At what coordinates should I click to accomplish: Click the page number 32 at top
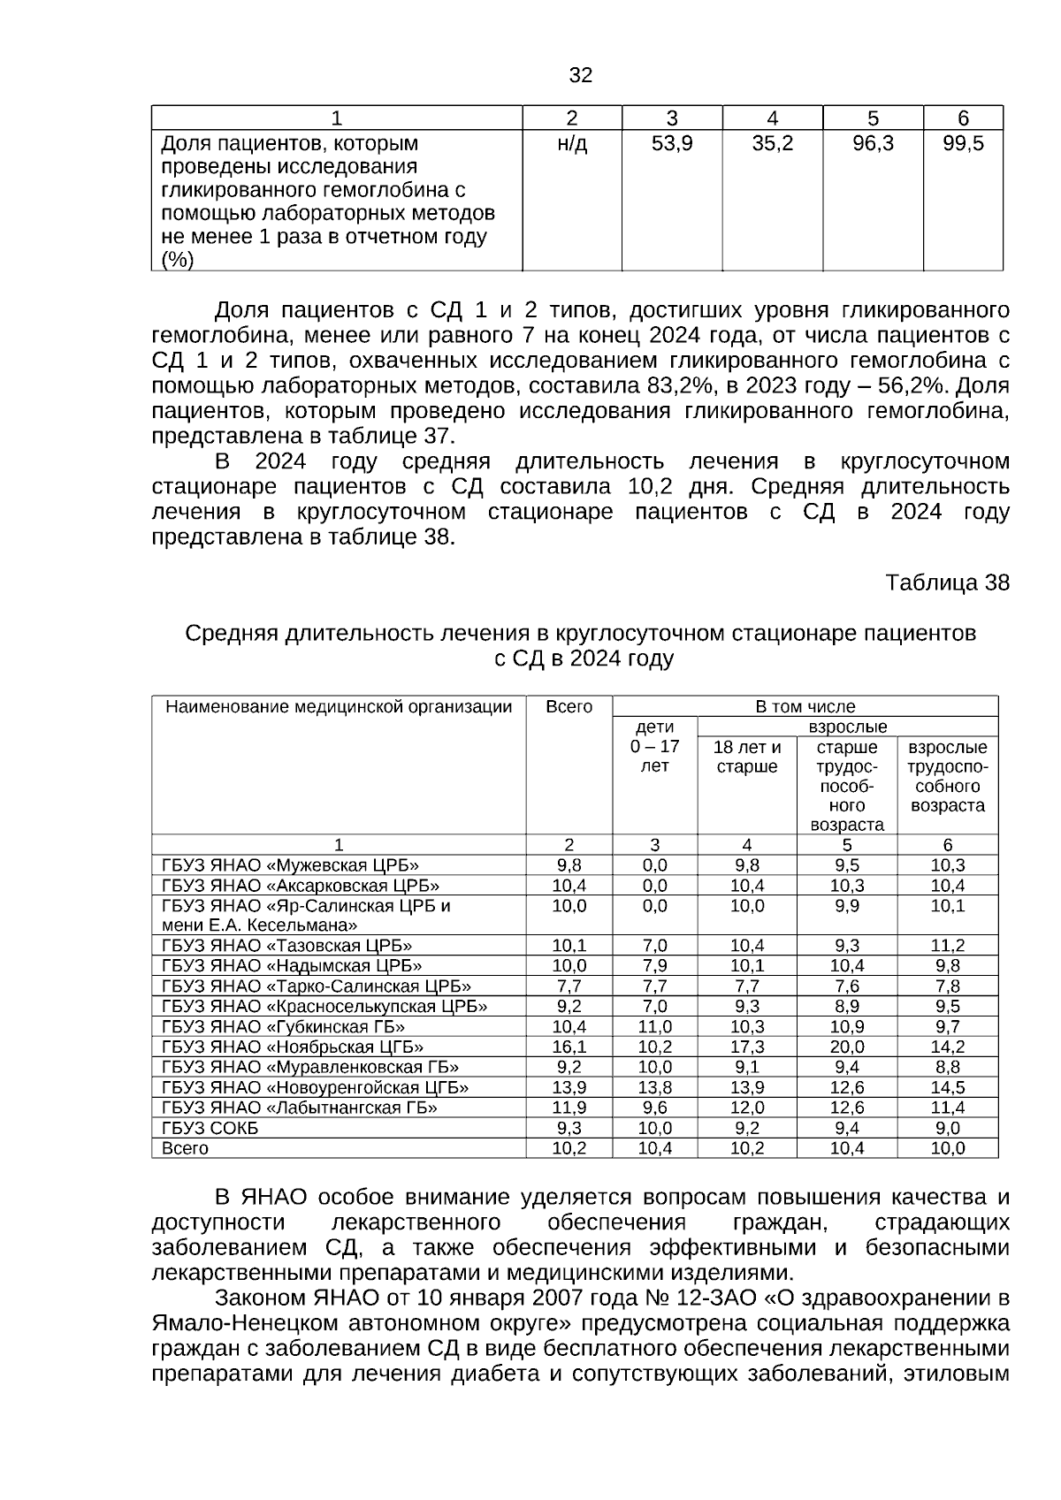coord(581,75)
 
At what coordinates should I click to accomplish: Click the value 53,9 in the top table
coord(672,144)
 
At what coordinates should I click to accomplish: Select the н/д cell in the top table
coord(572,144)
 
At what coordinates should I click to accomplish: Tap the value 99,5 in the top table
coord(963,144)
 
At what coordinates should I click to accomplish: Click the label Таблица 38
coord(947,583)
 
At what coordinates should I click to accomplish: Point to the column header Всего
coord(569,707)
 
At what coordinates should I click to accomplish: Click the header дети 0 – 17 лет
coord(655,747)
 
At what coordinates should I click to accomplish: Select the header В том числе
coord(805,707)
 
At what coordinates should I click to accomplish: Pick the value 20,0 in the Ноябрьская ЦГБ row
coord(847,1047)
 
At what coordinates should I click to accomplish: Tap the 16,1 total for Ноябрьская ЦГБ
coord(569,1047)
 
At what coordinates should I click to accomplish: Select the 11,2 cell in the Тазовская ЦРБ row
coord(948,946)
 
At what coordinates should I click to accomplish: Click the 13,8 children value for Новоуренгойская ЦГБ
coord(655,1088)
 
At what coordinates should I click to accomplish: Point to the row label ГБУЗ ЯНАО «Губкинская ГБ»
coord(284,1027)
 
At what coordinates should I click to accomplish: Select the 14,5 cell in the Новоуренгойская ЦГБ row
coord(948,1088)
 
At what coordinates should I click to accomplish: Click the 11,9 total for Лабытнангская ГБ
coord(569,1108)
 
